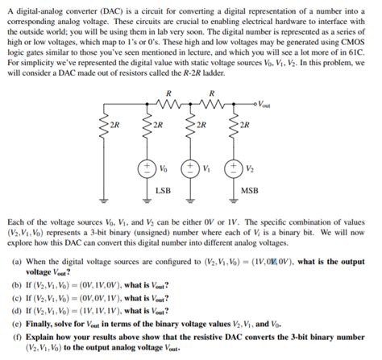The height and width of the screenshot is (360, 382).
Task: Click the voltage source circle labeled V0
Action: [x=148, y=169]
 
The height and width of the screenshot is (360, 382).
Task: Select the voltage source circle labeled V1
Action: [x=191, y=169]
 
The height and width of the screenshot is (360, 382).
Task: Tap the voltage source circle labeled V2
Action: [x=235, y=169]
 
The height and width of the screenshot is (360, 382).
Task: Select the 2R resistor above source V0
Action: [x=148, y=126]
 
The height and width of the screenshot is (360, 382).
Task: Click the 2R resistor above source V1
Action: [x=191, y=126]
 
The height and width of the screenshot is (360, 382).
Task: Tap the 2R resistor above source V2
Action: [x=235, y=126]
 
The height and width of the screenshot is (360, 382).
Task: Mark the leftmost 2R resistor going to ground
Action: [x=104, y=126]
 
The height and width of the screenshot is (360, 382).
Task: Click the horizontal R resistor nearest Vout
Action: [x=211, y=102]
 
